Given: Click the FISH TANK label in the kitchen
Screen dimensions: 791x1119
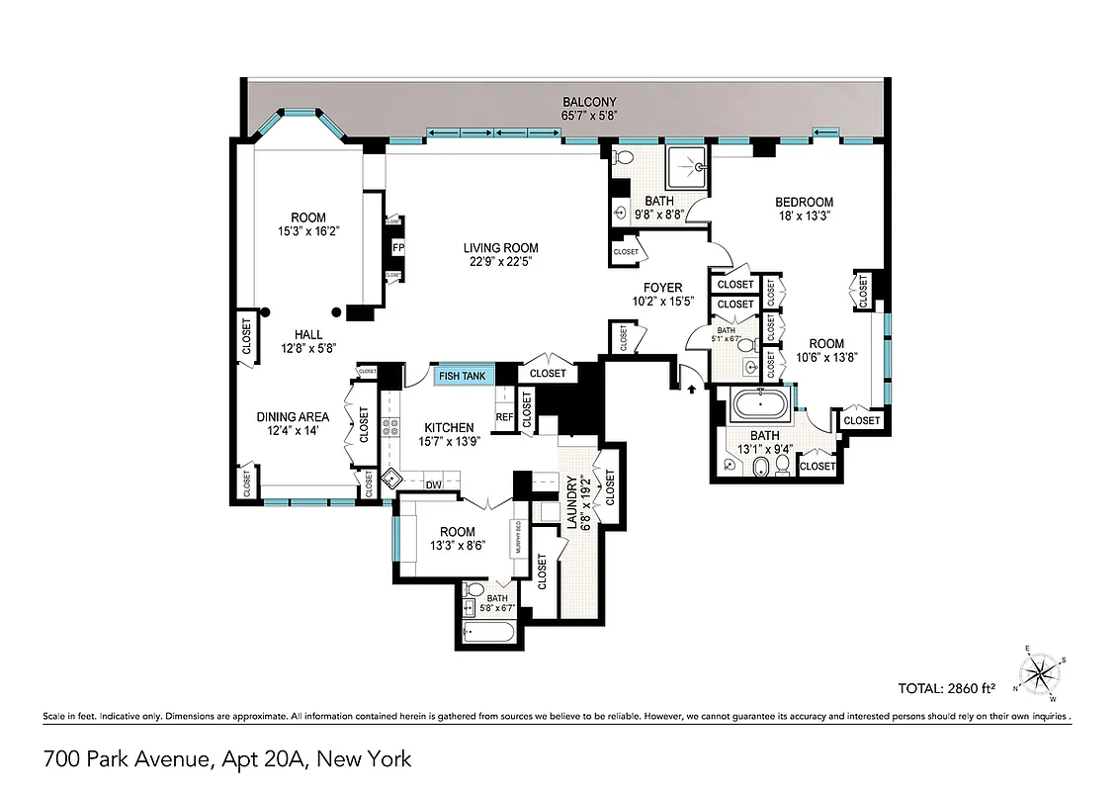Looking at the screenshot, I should point(463,376).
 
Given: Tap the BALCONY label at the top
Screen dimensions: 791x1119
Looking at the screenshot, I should point(589,102).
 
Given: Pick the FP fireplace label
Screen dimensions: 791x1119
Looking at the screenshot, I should point(397,248).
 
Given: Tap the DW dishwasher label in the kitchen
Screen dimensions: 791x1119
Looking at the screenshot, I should point(433,484).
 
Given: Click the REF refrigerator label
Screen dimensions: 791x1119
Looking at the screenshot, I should point(504,417).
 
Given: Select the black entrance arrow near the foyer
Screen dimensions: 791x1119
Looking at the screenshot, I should point(691,390).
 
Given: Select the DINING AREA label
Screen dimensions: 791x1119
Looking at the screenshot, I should point(293,417).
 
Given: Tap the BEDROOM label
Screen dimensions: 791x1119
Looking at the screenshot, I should point(804,203).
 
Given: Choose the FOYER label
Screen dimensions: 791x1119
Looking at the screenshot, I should point(663,288).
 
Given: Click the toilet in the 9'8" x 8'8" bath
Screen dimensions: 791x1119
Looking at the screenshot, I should point(623,157).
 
